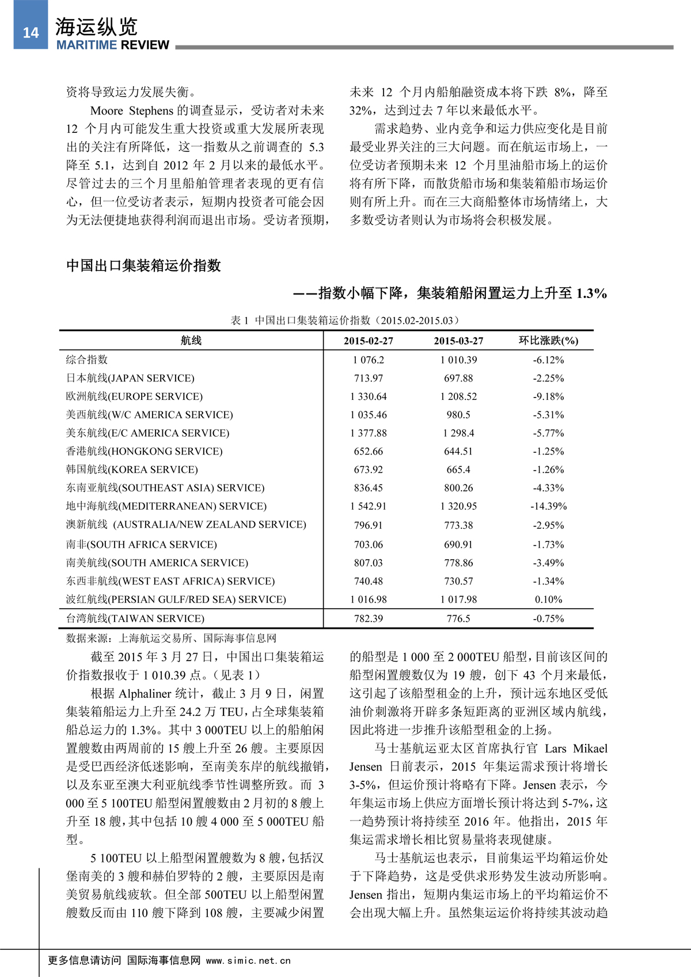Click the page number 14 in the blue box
click(x=31, y=32)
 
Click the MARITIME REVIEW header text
click(x=112, y=45)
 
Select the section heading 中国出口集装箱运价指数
click(x=143, y=265)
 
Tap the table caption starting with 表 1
click(x=345, y=320)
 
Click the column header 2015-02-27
click(x=368, y=341)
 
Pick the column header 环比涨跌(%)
click(x=548, y=341)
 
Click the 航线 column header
click(x=191, y=341)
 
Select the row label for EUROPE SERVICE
click(x=134, y=396)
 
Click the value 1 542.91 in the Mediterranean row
click(x=368, y=506)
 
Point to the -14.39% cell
click(x=548, y=506)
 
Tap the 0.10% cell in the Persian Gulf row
click(x=548, y=600)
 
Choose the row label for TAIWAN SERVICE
click(x=135, y=619)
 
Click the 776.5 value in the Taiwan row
click(x=458, y=619)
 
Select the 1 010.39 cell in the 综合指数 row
click(x=458, y=360)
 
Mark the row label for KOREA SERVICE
click(x=132, y=470)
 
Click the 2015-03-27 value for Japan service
click(x=458, y=378)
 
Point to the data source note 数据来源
click(x=171, y=638)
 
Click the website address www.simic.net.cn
click(x=248, y=960)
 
